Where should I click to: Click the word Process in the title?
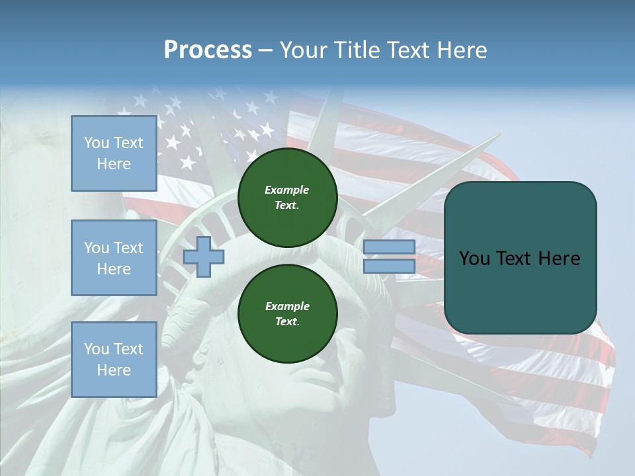208,50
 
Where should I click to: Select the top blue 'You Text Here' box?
114,153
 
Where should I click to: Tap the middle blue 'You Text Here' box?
114,258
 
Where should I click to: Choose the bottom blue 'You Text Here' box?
114,360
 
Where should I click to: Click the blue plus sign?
204,257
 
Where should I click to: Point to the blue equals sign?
389,257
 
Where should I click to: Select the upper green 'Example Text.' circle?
287,197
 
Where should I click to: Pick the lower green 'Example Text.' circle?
287,313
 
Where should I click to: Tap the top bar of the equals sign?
389,247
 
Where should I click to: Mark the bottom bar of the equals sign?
389,266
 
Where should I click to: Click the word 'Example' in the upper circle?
287,190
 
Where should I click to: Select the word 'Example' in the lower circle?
287,306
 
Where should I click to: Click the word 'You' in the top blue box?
97,143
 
